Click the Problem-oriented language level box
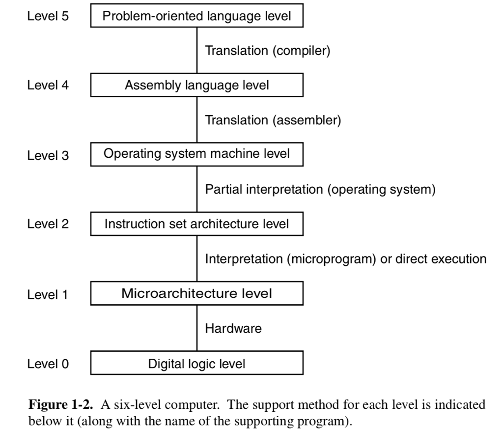click(196, 15)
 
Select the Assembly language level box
click(196, 86)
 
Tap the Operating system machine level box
click(196, 154)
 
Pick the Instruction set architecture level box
click(196, 224)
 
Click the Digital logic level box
click(196, 364)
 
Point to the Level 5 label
click(48, 15)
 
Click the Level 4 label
click(48, 86)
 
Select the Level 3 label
click(48, 156)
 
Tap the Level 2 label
click(48, 224)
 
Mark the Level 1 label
click(48, 294)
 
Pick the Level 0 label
click(48, 364)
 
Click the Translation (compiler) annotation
click(266, 50)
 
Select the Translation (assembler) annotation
click(272, 120)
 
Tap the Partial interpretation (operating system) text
click(319, 189)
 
